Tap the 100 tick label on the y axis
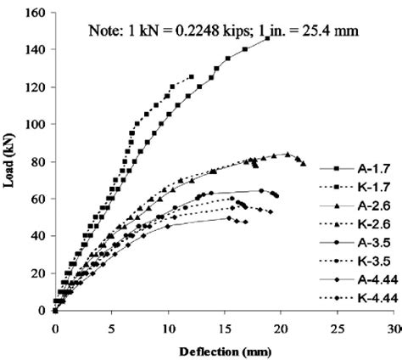pyautogui.click(x=37, y=124)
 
